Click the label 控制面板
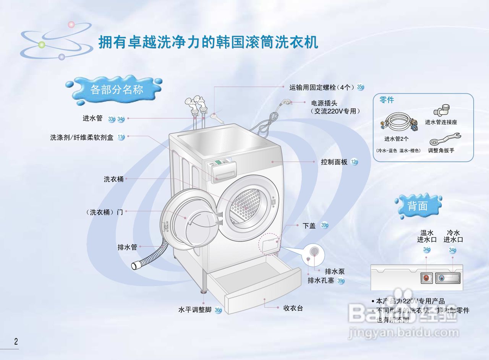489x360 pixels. point(334,162)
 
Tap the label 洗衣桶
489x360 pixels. point(114,179)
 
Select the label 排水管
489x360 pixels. point(127,247)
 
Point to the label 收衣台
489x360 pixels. point(293,308)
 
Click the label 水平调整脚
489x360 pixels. point(195,310)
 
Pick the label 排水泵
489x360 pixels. point(335,271)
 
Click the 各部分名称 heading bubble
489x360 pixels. point(117,89)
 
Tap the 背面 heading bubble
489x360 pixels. point(417,206)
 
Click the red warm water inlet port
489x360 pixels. point(426,278)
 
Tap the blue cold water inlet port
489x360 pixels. point(442,278)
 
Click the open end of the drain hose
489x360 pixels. point(135,265)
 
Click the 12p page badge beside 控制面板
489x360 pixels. point(354,162)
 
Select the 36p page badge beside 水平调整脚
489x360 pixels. point(218,310)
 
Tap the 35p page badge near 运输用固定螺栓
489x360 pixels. point(360,87)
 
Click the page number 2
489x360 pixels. point(16,341)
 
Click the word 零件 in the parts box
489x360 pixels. point(386,100)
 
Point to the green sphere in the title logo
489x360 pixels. point(42,45)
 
